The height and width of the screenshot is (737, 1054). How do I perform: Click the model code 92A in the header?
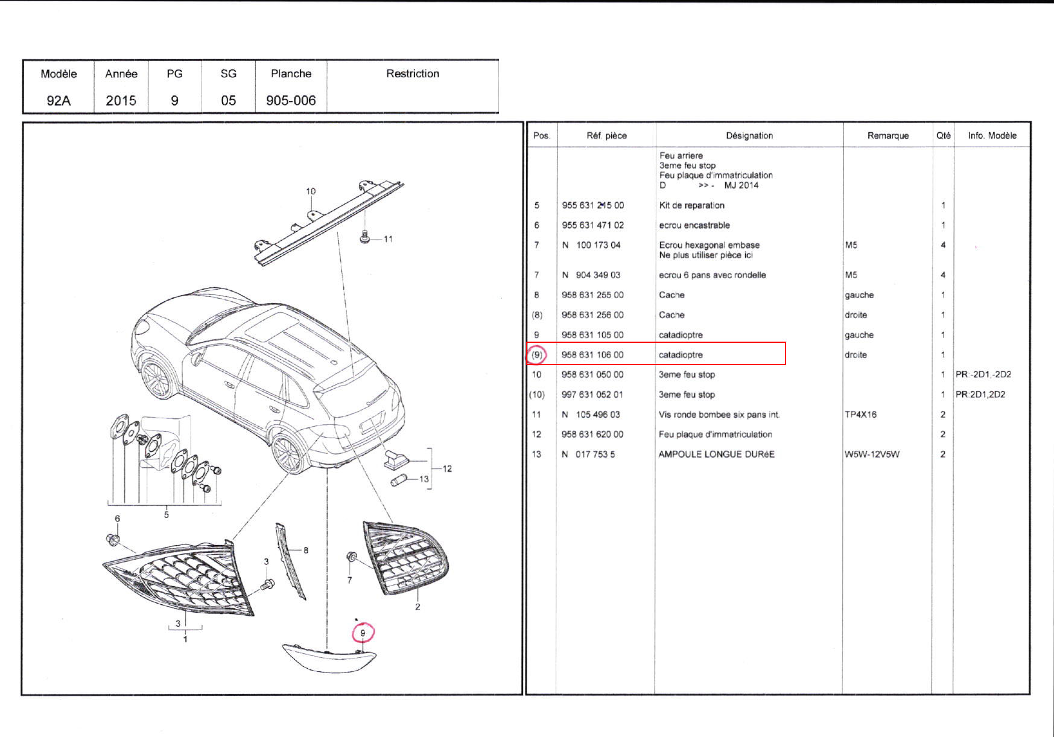tap(59, 100)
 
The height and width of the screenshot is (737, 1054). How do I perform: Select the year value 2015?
tap(121, 100)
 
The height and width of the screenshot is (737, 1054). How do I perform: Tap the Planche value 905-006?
tap(291, 100)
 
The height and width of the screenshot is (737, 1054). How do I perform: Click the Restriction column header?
tap(413, 74)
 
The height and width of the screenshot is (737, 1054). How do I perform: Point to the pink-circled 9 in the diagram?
tap(363, 633)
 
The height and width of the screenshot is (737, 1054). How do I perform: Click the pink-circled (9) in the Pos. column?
tap(536, 354)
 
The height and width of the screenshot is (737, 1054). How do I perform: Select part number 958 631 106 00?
tap(592, 354)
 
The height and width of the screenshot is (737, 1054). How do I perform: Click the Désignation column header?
tap(749, 136)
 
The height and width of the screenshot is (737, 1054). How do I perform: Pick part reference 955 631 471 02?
tap(592, 225)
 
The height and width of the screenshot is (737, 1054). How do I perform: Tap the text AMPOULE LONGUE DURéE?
tap(716, 454)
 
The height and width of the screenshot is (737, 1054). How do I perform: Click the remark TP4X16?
tap(860, 414)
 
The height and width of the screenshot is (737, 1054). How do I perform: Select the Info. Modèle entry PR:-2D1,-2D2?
tap(983, 374)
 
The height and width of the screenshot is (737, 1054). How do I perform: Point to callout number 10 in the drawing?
tap(311, 191)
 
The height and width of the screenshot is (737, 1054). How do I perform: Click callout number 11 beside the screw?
tap(388, 239)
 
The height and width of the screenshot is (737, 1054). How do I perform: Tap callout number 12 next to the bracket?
tap(447, 468)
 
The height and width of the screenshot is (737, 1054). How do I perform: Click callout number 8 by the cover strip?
tap(306, 550)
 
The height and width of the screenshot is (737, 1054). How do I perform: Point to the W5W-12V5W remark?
tap(872, 454)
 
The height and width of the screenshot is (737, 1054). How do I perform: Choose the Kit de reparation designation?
tap(691, 205)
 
